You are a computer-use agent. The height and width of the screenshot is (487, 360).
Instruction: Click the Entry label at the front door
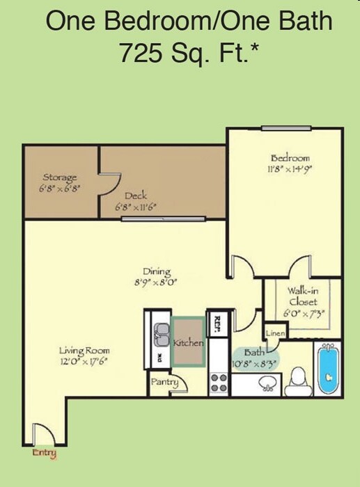44,454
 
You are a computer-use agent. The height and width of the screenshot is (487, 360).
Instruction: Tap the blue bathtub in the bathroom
327,369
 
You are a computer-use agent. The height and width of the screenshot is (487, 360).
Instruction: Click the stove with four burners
219,381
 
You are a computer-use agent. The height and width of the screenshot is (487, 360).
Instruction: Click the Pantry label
165,382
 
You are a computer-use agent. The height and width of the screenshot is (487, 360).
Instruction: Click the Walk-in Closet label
303,297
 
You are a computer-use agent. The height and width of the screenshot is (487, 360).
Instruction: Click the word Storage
60,177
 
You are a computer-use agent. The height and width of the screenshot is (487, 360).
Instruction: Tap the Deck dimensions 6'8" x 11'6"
136,207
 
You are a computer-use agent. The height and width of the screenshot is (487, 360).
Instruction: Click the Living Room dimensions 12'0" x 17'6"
84,361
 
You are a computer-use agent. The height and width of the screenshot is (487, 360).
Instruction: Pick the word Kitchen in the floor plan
188,343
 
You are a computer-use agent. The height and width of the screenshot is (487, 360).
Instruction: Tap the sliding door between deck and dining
163,219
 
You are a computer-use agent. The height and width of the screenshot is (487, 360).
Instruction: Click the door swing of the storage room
108,182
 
